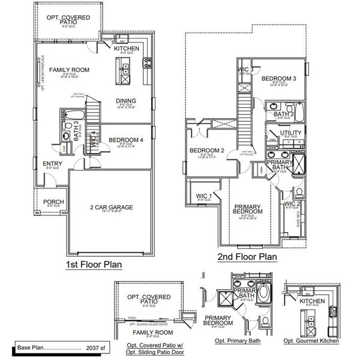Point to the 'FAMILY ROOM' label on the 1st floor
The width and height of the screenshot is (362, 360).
pyautogui.click(x=69, y=70)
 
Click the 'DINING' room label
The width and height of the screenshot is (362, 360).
pyautogui.click(x=126, y=101)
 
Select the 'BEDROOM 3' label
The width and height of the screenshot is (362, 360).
pyautogui.click(x=279, y=79)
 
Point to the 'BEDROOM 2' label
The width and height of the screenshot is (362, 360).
pyautogui.click(x=207, y=151)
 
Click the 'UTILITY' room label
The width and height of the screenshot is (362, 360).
pyautogui.click(x=291, y=132)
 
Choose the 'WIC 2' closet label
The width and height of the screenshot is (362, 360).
pyautogui.click(x=292, y=204)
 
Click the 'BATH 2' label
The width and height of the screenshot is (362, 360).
pyautogui.click(x=284, y=113)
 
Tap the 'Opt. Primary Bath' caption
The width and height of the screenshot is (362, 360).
pyautogui.click(x=237, y=341)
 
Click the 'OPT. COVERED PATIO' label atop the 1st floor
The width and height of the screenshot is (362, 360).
pyautogui.click(x=68, y=20)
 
